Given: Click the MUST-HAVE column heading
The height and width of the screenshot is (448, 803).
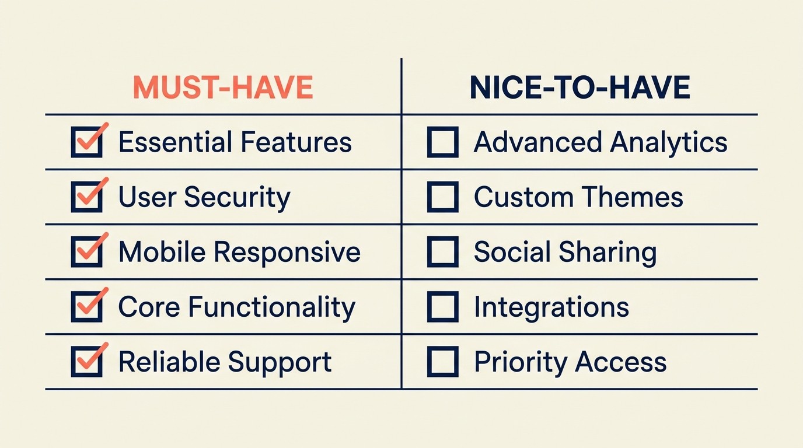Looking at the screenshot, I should pos(223,87).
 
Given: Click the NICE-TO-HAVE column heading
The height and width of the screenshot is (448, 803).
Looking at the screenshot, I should pos(579,87).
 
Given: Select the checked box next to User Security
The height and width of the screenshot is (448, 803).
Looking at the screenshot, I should pos(86,198).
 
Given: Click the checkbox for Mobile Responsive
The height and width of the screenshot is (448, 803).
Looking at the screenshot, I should pos(86,253).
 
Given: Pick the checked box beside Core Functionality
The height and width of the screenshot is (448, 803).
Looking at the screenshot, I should pos(86,307).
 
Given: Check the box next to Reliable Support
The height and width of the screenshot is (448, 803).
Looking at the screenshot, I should pos(86,362).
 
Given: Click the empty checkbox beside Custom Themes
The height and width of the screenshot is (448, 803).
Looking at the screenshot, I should pos(442,198).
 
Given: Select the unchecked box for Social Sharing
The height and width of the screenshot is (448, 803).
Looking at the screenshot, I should pos(442,253).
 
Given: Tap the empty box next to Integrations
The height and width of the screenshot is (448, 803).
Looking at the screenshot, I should pos(442,307).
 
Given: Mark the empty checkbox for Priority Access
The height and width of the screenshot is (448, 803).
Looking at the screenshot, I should pos(442,362).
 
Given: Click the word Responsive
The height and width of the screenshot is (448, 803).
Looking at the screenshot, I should pos(287,253).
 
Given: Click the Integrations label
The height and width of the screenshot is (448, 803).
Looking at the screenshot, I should pos(551,307).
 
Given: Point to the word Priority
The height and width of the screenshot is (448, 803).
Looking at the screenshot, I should pos(520,362).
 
